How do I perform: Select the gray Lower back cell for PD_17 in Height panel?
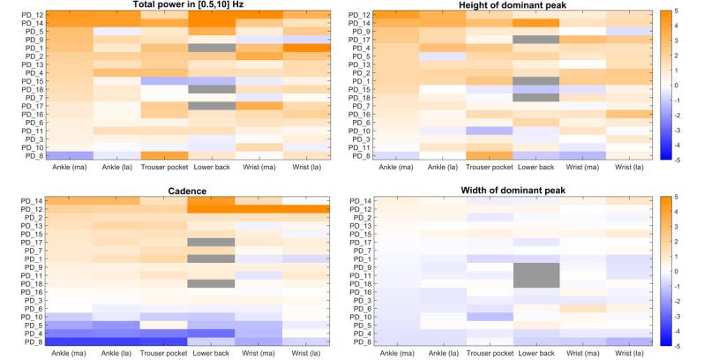(x=526, y=40)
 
